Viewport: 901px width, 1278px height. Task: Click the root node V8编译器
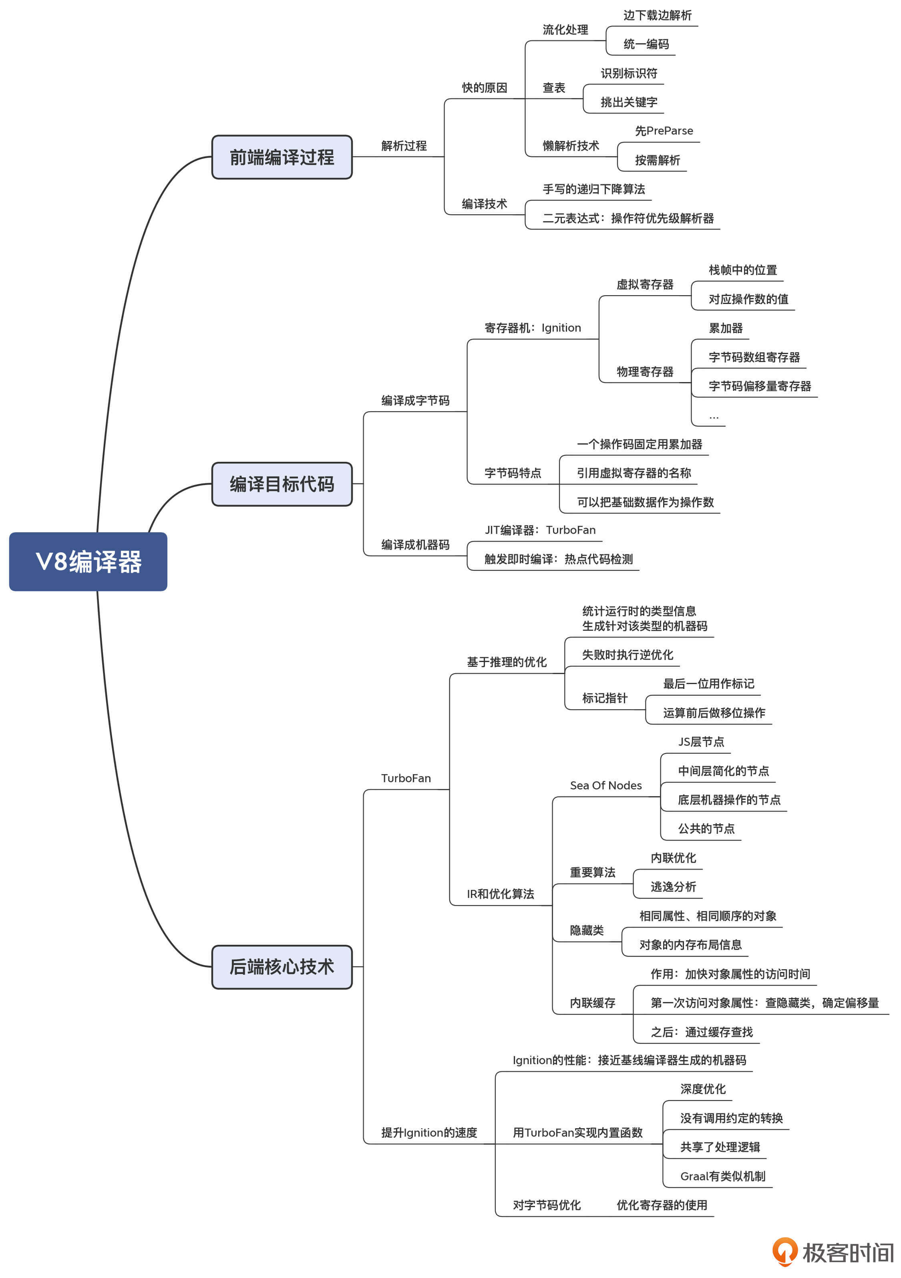point(88,561)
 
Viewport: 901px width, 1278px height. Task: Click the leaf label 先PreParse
point(664,131)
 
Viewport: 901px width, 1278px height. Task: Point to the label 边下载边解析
point(657,16)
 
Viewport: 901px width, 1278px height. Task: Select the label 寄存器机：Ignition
point(532,328)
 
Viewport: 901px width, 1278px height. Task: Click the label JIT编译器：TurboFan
point(539,530)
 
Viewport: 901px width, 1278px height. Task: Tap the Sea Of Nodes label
point(605,785)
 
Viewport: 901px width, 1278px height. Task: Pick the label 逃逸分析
point(673,887)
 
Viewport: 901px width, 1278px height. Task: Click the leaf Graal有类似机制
point(722,1176)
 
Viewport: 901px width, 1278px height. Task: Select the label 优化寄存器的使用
point(661,1205)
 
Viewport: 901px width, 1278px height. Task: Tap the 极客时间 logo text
point(847,1252)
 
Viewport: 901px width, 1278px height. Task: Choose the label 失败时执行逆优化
point(627,654)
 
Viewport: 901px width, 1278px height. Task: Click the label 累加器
point(725,328)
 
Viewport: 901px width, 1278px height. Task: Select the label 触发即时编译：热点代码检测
point(558,559)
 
